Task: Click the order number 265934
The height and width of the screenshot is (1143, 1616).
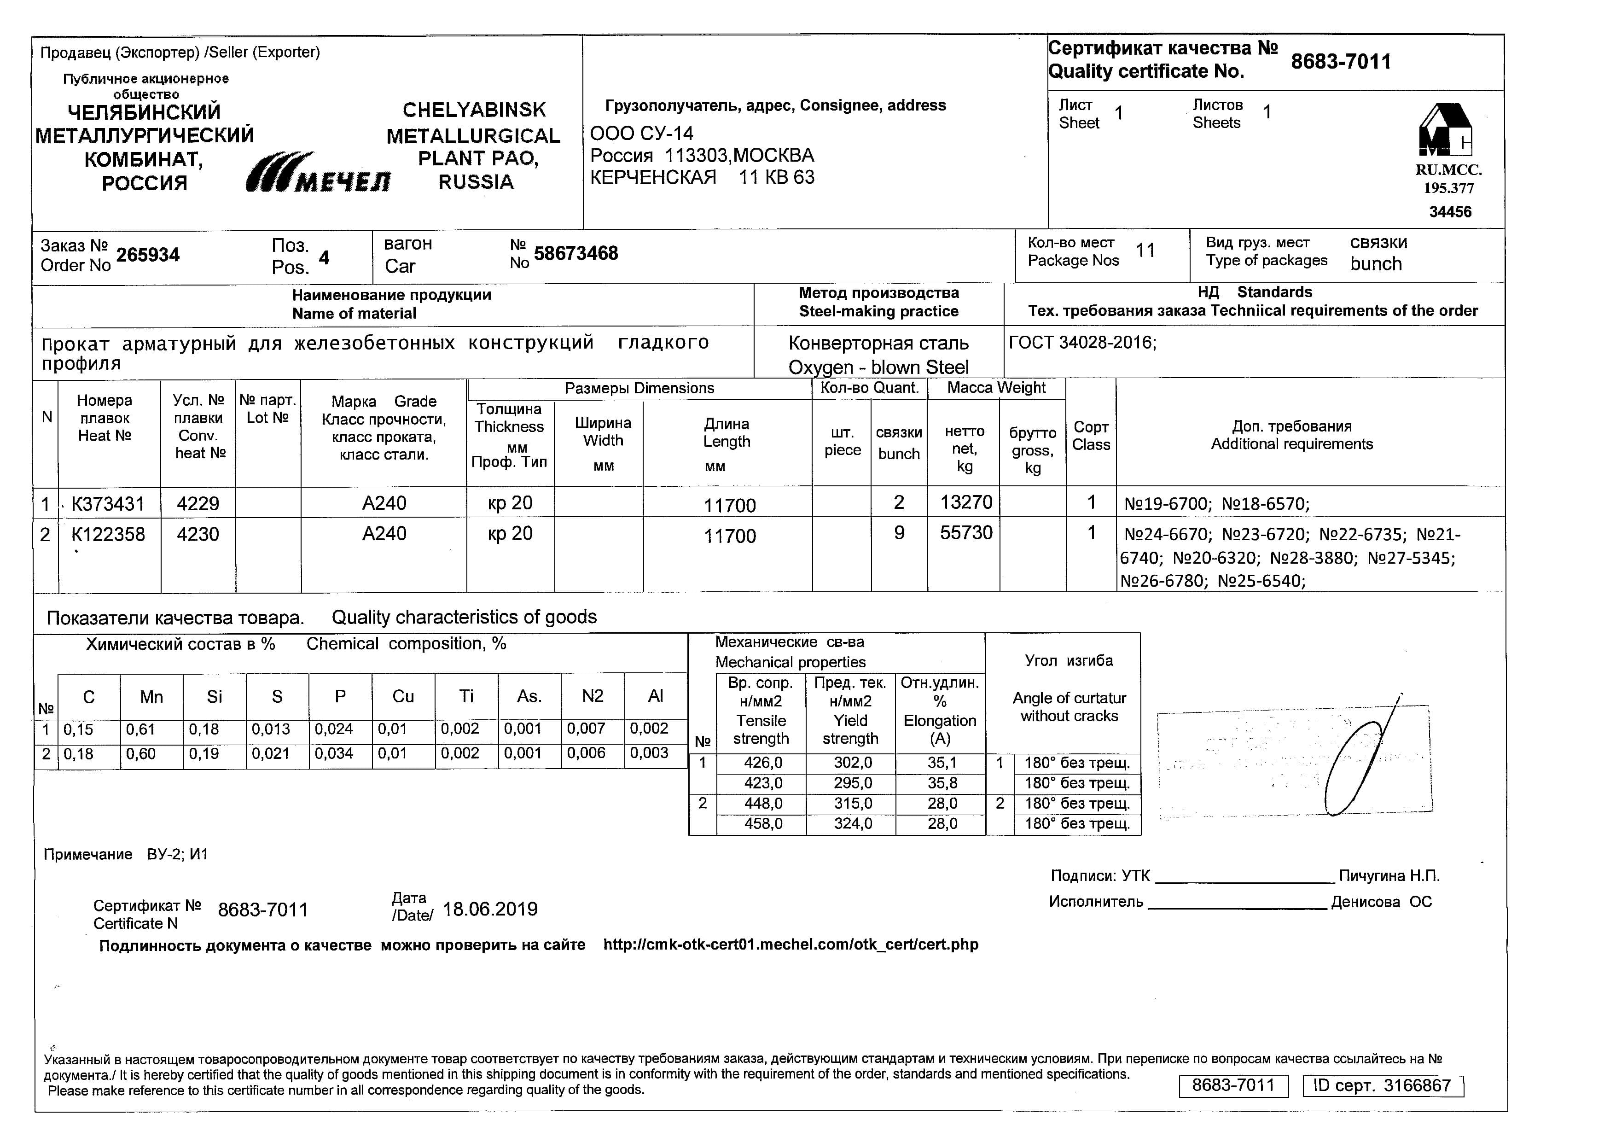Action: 148,255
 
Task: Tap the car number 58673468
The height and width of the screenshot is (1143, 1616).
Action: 576,253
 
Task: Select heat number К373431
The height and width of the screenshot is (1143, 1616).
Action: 108,504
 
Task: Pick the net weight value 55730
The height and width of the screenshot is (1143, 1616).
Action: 965,533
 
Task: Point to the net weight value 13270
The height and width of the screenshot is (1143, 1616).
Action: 965,502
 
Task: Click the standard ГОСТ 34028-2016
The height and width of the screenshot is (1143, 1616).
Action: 1082,343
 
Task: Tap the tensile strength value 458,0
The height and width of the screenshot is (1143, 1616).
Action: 763,823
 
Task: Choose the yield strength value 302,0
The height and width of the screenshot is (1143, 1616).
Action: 852,763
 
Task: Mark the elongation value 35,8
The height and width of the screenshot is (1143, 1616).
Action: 942,783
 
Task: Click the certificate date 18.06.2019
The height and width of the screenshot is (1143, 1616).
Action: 490,910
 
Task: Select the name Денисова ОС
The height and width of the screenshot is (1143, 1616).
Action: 1381,902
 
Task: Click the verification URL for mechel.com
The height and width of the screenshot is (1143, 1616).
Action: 791,945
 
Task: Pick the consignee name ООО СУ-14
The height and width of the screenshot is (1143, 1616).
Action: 641,134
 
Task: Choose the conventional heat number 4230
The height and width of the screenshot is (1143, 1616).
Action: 198,534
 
